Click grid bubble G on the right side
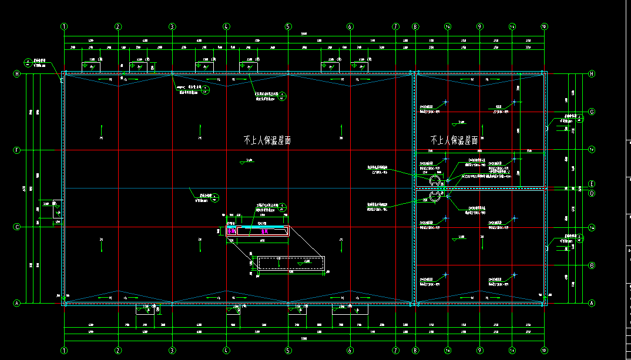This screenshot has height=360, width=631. click(x=592, y=112)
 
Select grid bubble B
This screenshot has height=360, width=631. click(x=592, y=265)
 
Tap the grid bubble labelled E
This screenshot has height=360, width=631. click(x=592, y=183)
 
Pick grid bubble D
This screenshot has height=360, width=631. click(x=592, y=192)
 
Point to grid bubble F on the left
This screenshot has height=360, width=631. click(x=16, y=150)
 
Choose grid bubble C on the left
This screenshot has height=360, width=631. click(x=16, y=227)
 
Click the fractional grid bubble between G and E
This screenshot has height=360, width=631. click(x=592, y=150)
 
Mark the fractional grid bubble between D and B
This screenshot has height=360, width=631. click(x=592, y=227)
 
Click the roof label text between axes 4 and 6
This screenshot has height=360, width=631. click(x=267, y=140)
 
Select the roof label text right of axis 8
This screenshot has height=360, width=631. click(x=454, y=140)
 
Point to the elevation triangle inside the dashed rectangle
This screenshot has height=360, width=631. click(x=300, y=264)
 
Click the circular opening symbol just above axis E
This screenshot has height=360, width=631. click(x=435, y=180)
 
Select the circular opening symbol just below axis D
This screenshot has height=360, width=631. click(x=435, y=197)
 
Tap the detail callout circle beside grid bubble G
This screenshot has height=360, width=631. click(x=580, y=119)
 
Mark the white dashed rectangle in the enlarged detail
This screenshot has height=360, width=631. click(x=291, y=263)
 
